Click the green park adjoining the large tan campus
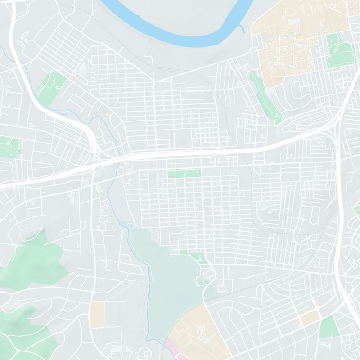click(x=338, y=49)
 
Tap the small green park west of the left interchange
click(x=9, y=147)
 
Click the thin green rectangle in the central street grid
click(x=184, y=172)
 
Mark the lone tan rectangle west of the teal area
click(x=97, y=313)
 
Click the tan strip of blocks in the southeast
click(x=307, y=317)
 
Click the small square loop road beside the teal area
click(x=221, y=288)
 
